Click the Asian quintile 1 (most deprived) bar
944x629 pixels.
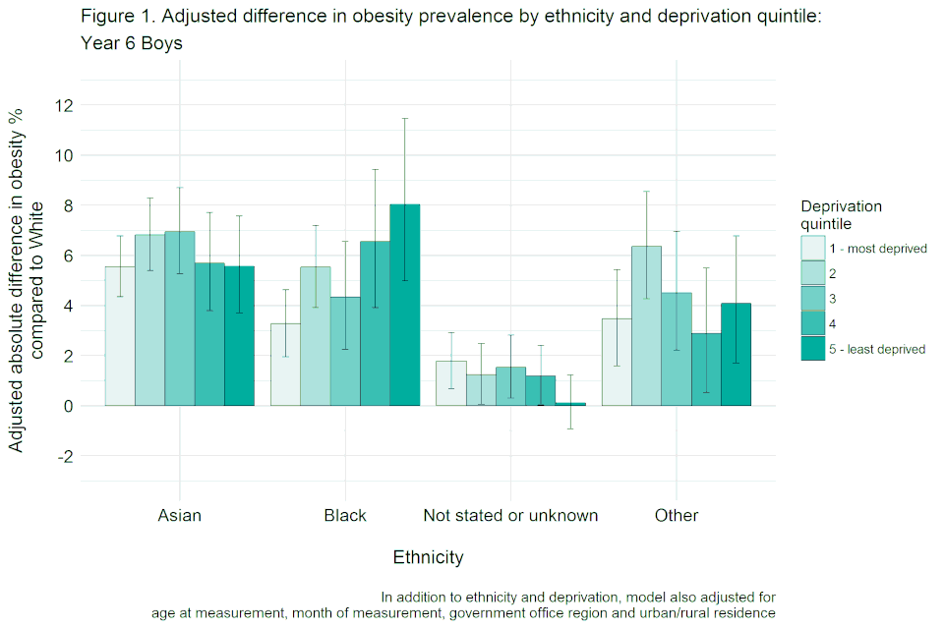(x=120, y=336)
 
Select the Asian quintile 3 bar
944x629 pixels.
(x=180, y=318)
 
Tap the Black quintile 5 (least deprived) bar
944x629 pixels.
(x=405, y=305)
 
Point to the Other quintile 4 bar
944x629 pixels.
(x=706, y=370)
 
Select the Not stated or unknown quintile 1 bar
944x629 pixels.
(x=451, y=383)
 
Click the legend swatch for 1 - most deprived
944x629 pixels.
(x=813, y=249)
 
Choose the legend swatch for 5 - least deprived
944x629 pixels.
(x=813, y=349)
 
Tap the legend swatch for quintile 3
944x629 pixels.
(x=813, y=299)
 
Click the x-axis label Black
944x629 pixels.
(x=345, y=516)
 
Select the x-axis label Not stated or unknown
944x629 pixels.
(x=510, y=516)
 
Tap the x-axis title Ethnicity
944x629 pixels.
(x=428, y=557)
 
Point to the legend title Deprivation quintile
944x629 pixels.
(x=841, y=214)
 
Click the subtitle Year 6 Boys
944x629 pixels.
(x=132, y=44)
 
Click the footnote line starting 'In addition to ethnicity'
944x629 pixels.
(x=578, y=597)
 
